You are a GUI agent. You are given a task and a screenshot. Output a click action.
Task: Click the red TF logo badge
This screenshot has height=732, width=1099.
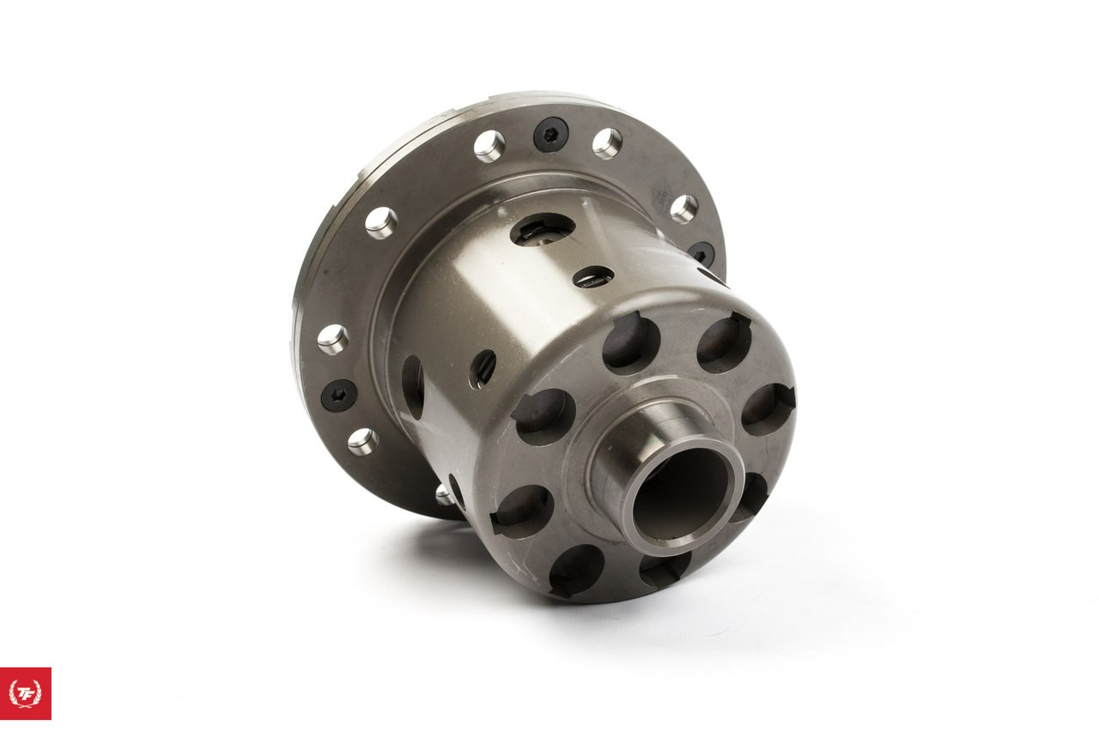pyautogui.click(x=25, y=693)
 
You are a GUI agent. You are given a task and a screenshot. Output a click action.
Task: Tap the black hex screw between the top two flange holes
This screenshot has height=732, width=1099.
pyautogui.click(x=550, y=135)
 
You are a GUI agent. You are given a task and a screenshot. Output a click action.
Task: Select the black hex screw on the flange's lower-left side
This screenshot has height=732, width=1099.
pyautogui.click(x=338, y=396)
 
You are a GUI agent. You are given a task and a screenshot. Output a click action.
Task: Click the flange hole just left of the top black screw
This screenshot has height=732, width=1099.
pyautogui.click(x=489, y=146)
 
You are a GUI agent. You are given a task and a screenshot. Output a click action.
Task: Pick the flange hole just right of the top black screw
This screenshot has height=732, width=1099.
pyautogui.click(x=607, y=143)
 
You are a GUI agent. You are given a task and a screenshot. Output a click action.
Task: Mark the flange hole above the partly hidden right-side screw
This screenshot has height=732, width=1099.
pyautogui.click(x=683, y=209)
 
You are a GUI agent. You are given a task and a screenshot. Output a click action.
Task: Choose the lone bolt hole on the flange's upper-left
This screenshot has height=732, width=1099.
pyautogui.click(x=380, y=222)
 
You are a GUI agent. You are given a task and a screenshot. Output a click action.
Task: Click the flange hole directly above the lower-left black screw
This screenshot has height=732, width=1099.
pyautogui.click(x=332, y=339)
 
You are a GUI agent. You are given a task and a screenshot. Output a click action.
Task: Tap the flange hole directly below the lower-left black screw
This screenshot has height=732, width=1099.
pyautogui.click(x=362, y=442)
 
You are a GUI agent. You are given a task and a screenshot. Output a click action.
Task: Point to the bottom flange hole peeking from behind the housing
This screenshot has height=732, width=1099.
pyautogui.click(x=444, y=493)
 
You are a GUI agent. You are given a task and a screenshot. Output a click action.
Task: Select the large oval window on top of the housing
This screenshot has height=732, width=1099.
pyautogui.click(x=543, y=229)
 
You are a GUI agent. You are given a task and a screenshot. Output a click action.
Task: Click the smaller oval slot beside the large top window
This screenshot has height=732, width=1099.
pyautogui.click(x=593, y=276)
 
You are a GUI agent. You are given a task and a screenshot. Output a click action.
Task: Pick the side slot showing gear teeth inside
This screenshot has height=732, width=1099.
pyautogui.click(x=483, y=368)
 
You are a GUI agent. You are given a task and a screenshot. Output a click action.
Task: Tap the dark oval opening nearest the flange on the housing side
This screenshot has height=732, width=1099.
pyautogui.click(x=412, y=387)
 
